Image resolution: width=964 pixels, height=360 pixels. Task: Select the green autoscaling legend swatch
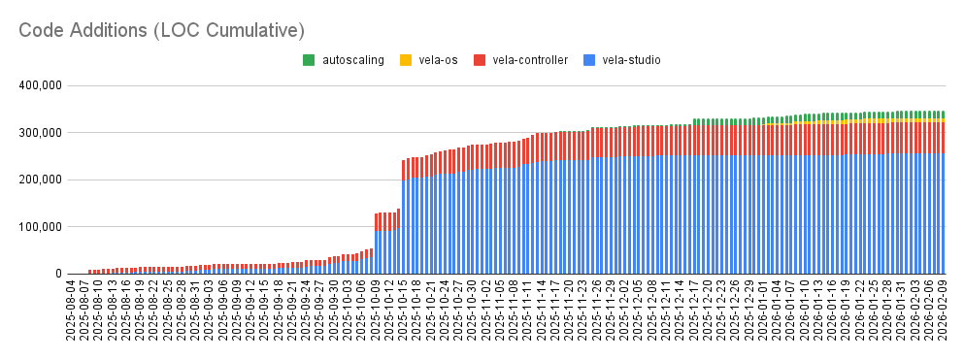[309, 60]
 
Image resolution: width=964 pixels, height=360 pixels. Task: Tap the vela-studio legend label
[631, 60]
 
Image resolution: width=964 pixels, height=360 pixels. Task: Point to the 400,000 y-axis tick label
[40, 85]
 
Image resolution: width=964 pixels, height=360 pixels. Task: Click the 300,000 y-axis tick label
[40, 133]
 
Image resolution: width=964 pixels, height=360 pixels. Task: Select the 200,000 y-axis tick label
[40, 180]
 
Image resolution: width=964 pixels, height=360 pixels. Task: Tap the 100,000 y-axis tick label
[40, 227]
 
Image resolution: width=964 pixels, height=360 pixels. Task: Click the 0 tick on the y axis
[57, 274]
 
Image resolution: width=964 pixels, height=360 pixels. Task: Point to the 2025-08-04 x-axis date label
[71, 313]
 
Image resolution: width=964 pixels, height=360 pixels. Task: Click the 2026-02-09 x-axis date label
[941, 313]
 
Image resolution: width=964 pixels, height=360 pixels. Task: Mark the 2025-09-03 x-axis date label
[209, 313]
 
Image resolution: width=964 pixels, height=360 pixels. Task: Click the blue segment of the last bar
[941, 213]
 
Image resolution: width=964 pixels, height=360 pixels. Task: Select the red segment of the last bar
[941, 137]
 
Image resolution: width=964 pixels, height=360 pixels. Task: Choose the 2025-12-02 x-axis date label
[625, 313]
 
